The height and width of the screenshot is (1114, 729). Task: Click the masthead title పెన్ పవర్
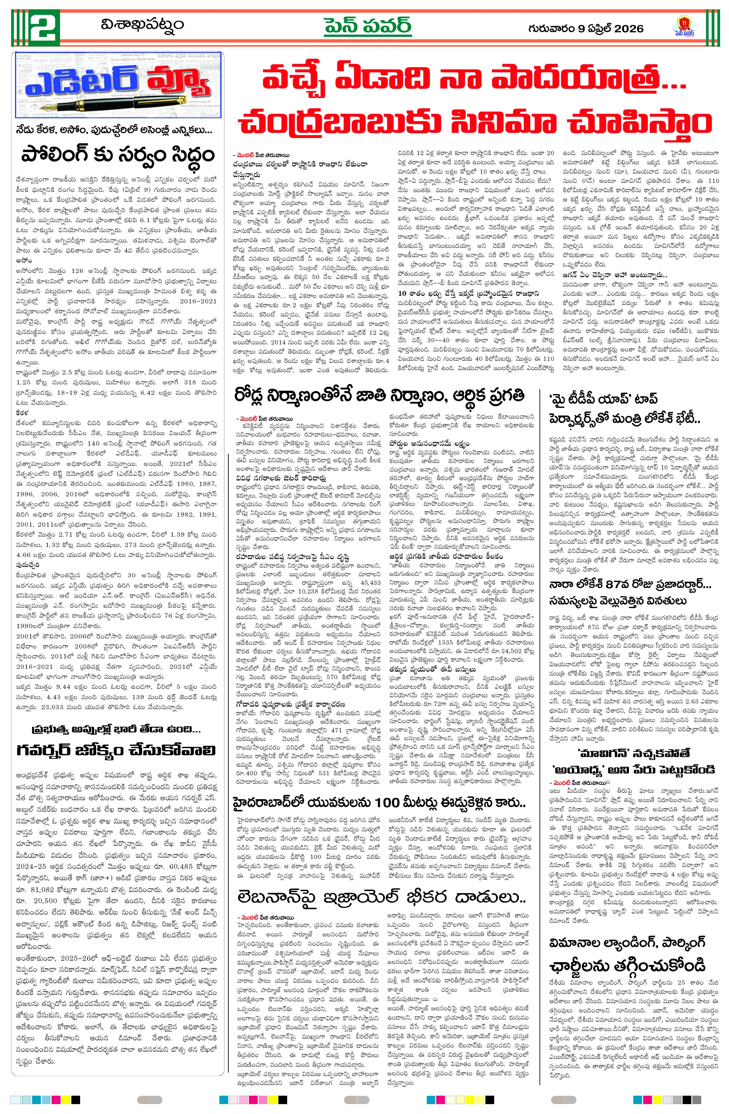[368, 26]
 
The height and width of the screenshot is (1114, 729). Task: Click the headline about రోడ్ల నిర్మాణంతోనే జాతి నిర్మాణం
[379, 396]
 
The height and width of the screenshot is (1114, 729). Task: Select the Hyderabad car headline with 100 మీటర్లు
[379, 803]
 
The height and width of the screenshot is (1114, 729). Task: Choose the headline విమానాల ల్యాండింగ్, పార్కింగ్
[628, 942]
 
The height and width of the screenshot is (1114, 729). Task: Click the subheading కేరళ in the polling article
[21, 412]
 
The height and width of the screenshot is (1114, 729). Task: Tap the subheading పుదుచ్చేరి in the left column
[27, 565]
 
